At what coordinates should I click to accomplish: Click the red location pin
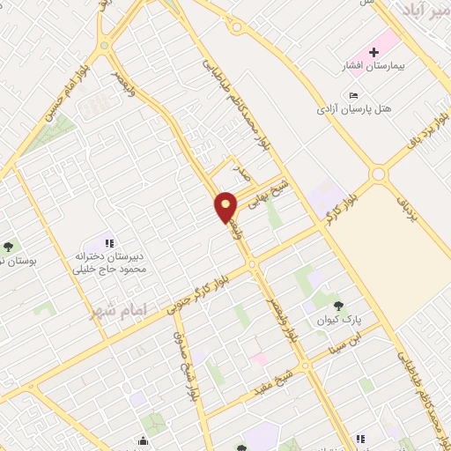coord(226,206)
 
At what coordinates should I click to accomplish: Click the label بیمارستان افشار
coord(370,67)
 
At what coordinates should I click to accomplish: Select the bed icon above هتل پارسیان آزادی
coord(353,95)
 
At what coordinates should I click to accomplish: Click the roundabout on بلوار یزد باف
coord(379,174)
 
